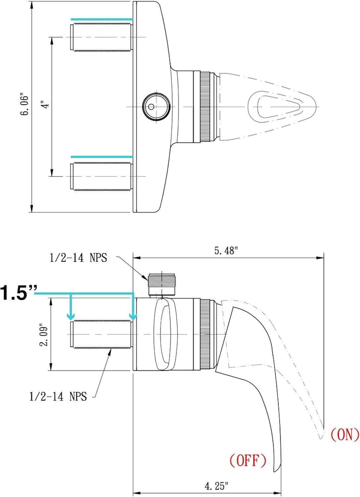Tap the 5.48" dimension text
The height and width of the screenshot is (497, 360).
[x=226, y=251]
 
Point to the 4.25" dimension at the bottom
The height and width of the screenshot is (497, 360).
[x=217, y=486]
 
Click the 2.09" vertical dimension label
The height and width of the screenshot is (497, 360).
[x=44, y=335]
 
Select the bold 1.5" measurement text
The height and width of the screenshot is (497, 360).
[x=18, y=293]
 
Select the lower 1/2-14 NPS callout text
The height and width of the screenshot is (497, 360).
[x=58, y=396]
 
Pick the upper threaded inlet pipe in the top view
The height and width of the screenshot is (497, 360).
[x=101, y=37]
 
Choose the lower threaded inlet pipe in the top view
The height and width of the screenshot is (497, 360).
[x=101, y=176]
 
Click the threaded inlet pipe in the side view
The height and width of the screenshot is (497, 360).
[x=101, y=334]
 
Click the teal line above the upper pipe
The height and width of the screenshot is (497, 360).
[x=102, y=19]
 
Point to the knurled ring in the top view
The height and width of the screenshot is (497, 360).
[x=205, y=107]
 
